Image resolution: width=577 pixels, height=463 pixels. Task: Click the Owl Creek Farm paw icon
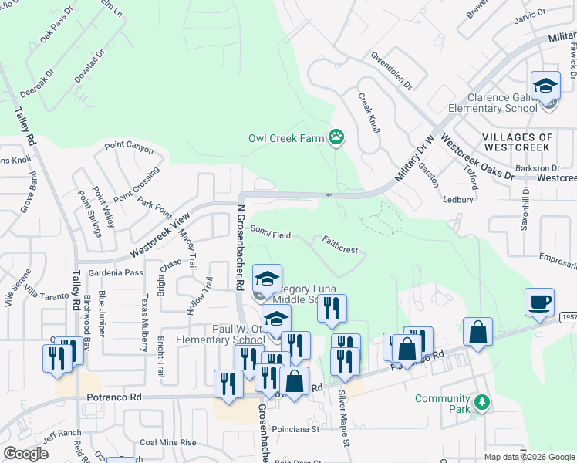pos(336,138)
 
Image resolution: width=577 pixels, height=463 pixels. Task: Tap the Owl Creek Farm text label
pos(285,139)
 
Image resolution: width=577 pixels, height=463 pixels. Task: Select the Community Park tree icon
pos(482,402)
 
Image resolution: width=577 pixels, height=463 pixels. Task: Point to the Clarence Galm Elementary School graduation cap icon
pos(545,86)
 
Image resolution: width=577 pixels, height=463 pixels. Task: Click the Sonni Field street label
pos(270,231)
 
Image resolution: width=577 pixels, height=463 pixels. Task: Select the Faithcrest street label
pos(340,245)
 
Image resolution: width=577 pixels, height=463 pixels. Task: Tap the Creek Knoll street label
pos(369,113)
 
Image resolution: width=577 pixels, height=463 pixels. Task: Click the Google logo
pos(26,454)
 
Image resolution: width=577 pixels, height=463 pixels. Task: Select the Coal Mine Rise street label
pos(168,443)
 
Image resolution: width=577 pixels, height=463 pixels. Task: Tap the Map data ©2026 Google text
pos(529,457)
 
